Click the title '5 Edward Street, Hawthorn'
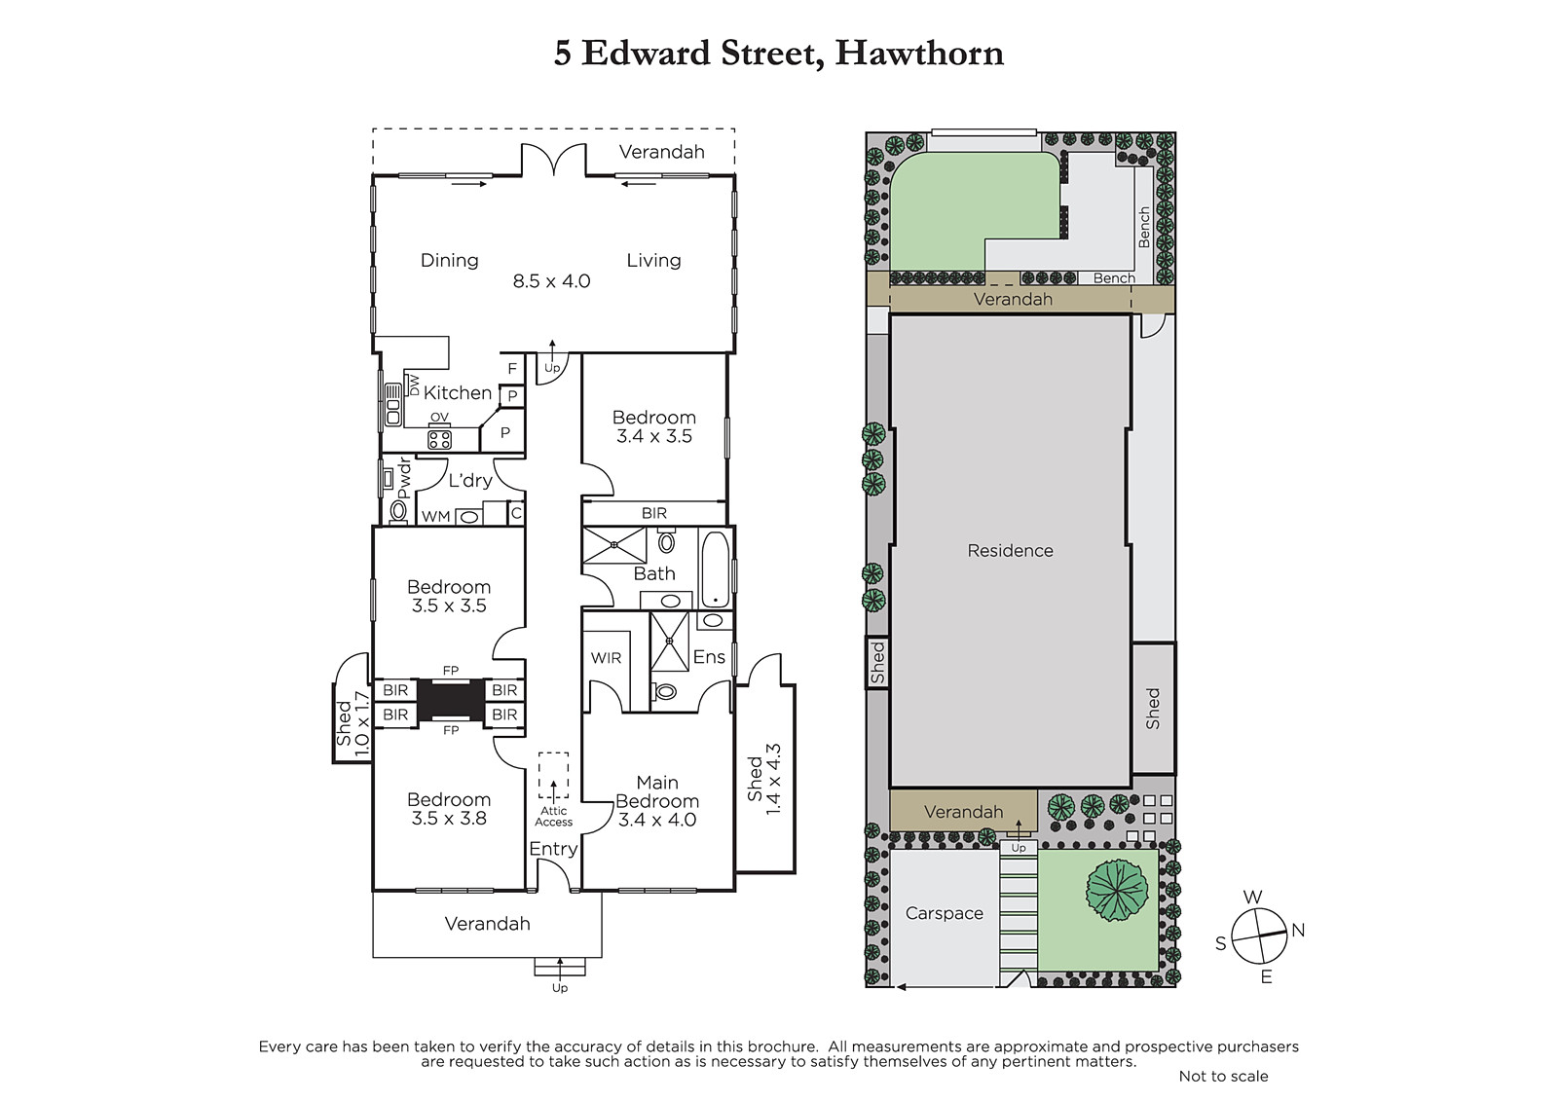tap(778, 54)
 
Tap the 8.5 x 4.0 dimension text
tap(551, 281)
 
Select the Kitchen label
tap(458, 393)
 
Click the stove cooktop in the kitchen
tap(439, 440)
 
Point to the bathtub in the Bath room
tap(715, 569)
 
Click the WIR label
tap(606, 658)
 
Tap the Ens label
tap(709, 656)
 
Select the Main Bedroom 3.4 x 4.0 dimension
tap(657, 820)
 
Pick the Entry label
tap(554, 849)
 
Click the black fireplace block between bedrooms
tap(451, 702)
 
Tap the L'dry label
tap(470, 480)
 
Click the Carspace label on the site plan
tap(944, 913)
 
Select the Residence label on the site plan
tap(1010, 551)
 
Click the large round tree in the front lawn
tap(1117, 890)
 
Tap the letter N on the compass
tap(1298, 930)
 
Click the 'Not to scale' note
tap(1223, 1076)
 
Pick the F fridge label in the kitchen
tap(512, 369)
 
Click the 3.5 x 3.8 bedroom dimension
tap(449, 819)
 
